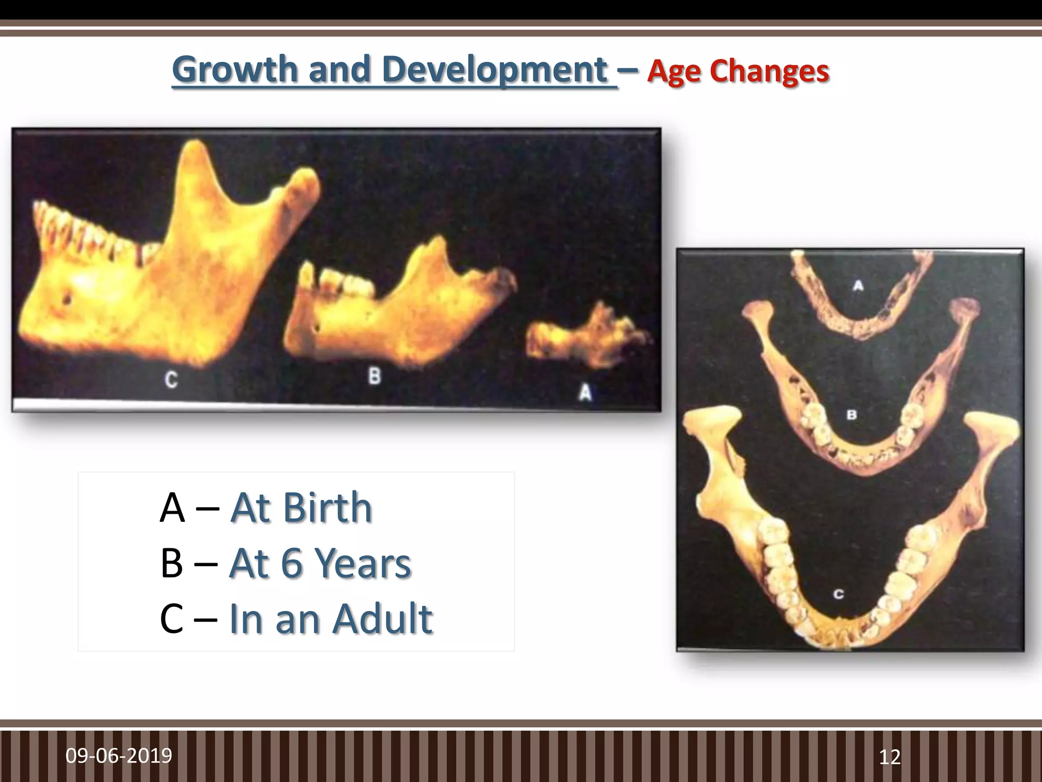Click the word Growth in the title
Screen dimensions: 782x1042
pyautogui.click(x=235, y=70)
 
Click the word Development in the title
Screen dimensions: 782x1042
pyautogui.click(x=495, y=70)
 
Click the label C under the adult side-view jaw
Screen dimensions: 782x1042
pyautogui.click(x=171, y=380)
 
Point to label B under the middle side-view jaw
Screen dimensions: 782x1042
pyautogui.click(x=374, y=376)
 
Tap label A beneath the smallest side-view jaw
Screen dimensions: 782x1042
pyautogui.click(x=586, y=393)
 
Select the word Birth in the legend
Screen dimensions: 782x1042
pyautogui.click(x=328, y=508)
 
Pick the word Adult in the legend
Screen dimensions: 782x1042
pyautogui.click(x=383, y=619)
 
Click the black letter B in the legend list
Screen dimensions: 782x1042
pyautogui.click(x=171, y=563)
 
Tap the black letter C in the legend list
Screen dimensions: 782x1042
pyautogui.click(x=171, y=619)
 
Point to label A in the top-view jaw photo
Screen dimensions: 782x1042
pyautogui.click(x=858, y=286)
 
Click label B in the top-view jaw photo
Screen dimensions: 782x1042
pyautogui.click(x=852, y=414)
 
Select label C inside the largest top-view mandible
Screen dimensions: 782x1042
pyautogui.click(x=839, y=594)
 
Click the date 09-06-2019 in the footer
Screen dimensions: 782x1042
pyautogui.click(x=119, y=756)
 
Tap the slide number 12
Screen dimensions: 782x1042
pyautogui.click(x=890, y=757)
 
